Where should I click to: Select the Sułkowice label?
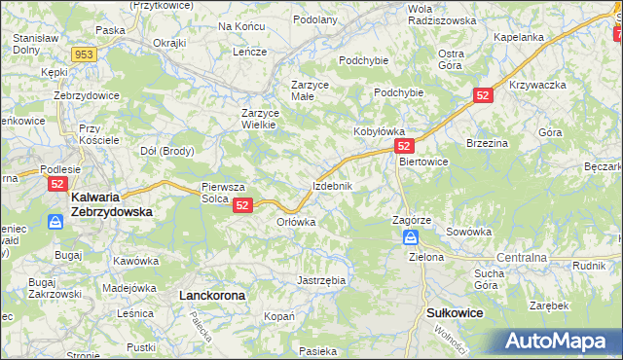click(456, 313)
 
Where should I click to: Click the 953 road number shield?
click(84, 54)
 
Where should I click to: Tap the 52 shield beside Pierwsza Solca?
click(243, 205)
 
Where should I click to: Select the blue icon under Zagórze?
click(412, 238)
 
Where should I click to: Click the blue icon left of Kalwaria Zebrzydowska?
click(56, 223)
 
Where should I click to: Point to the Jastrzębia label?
click(320, 280)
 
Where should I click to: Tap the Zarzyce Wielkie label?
click(261, 118)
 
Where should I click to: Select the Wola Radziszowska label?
click(442, 14)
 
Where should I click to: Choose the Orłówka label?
click(297, 222)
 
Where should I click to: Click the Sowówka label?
click(468, 233)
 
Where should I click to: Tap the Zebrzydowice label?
click(87, 95)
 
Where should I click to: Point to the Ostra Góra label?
click(451, 59)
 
